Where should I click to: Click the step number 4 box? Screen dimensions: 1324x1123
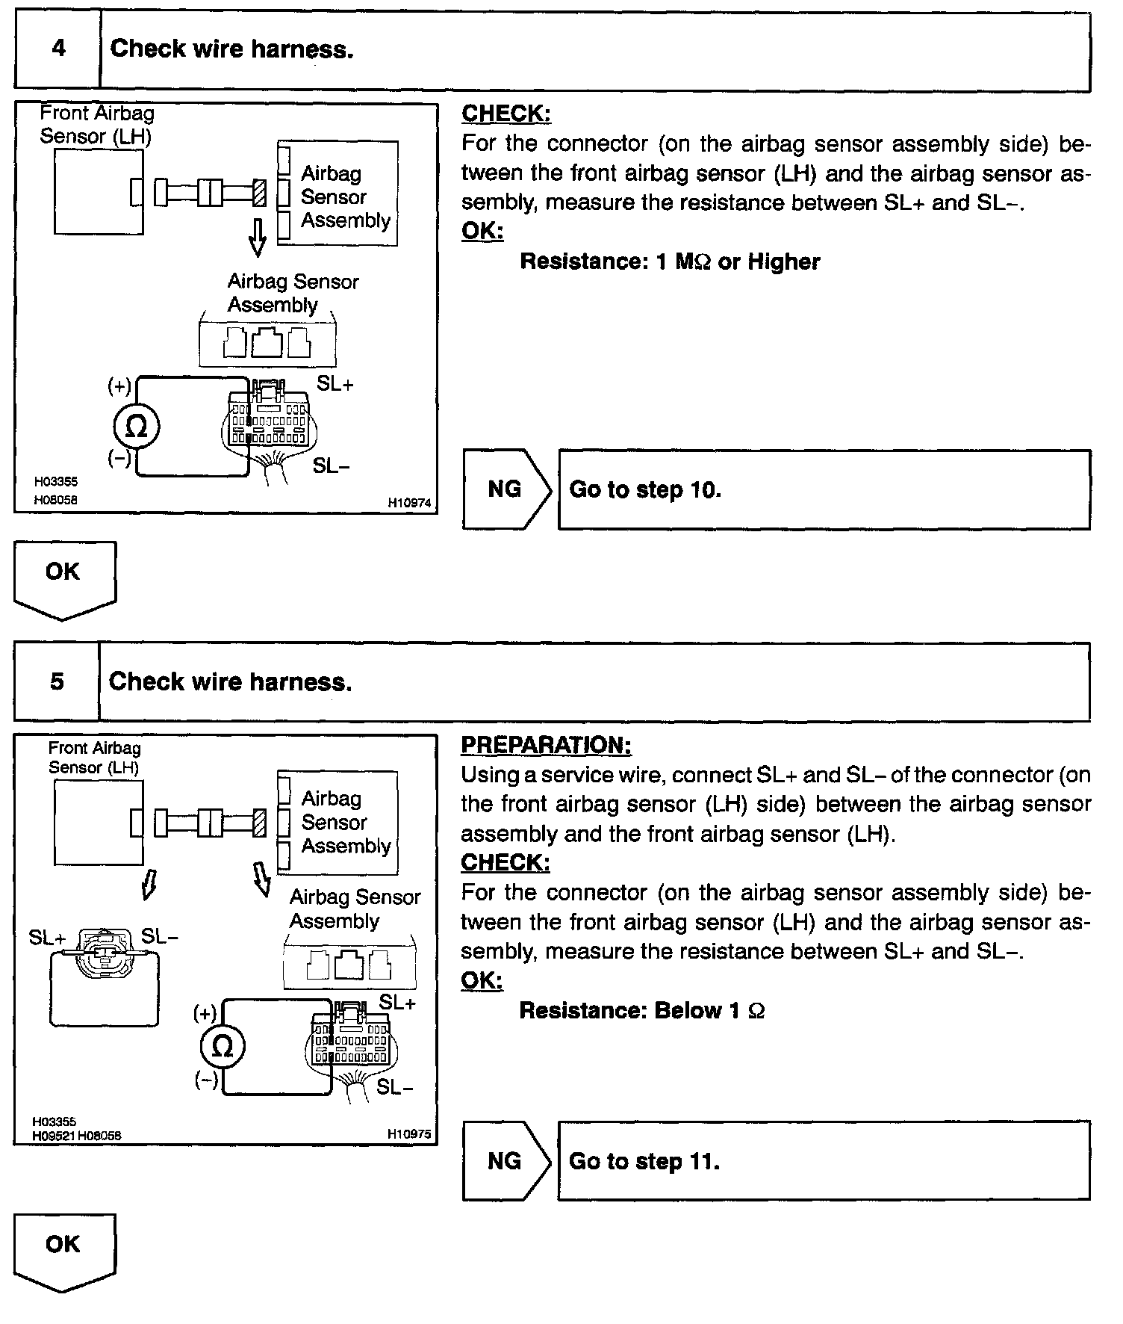coord(57,49)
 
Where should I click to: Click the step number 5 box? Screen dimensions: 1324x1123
coord(57,682)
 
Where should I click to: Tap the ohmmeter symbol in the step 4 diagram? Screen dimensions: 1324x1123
coord(137,427)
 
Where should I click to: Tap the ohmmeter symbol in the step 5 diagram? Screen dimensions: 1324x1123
coord(223,1047)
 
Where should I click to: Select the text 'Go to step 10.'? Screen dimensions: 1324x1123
coord(645,490)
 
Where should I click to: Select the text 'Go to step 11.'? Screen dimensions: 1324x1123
coord(644,1161)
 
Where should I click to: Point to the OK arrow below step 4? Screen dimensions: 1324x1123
coord(64,578)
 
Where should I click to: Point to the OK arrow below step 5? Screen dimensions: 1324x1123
coord(64,1251)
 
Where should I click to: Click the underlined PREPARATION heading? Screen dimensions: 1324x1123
coord(546,745)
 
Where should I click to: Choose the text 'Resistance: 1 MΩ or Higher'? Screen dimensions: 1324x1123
coord(670,262)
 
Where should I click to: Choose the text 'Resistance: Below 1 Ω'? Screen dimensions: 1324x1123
coord(641,1011)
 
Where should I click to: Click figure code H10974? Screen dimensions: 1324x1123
coord(409,504)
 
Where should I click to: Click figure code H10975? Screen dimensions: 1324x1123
coord(409,1133)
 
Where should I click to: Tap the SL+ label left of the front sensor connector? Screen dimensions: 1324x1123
coord(47,937)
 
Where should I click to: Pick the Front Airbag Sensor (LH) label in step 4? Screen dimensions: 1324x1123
coord(97,125)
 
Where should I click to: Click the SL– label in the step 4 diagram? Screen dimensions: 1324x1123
coord(332,465)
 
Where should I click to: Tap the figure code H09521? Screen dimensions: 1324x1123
coord(53,1136)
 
